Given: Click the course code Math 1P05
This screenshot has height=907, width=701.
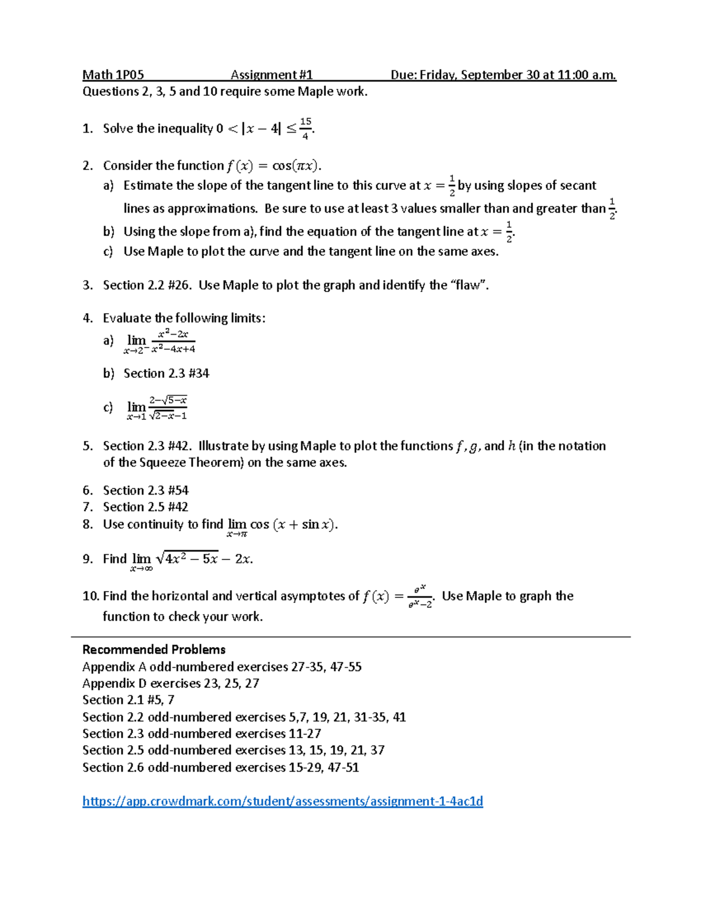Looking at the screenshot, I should [113, 75].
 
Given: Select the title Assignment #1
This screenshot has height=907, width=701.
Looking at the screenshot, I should [272, 75].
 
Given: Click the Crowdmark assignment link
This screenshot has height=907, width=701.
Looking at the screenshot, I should [283, 801].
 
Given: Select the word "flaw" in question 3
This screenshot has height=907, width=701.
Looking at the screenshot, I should [467, 285].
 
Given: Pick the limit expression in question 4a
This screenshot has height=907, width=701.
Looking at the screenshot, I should [161, 342].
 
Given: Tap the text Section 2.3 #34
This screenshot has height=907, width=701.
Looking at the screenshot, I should [166, 373].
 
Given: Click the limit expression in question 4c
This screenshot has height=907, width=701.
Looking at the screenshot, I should [157, 408].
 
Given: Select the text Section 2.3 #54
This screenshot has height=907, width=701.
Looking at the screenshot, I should [145, 490].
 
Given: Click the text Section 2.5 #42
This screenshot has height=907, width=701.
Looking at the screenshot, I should [145, 507].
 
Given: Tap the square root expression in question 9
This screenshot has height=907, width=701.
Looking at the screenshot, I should [187, 558].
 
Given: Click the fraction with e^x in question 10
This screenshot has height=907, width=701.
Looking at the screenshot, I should [420, 596].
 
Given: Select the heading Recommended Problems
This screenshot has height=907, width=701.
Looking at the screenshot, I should [154, 649].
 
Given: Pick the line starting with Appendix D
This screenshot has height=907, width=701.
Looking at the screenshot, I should [171, 683].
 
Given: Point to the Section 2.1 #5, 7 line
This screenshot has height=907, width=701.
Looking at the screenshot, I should [128, 700].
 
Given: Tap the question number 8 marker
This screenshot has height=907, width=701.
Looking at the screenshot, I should [88, 524].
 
